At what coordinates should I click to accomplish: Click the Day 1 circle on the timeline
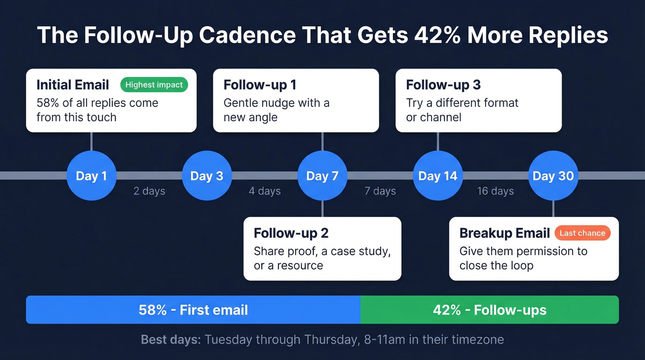[x=91, y=176]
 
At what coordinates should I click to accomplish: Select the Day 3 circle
[x=206, y=176]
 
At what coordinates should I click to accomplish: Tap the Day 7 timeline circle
[x=322, y=176]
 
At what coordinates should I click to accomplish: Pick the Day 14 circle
[x=438, y=176]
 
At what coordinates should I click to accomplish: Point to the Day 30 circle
[x=553, y=176]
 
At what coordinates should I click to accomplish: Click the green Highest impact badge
[x=154, y=85]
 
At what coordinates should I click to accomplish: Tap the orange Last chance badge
[x=582, y=233]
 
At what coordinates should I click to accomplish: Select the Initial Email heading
[x=73, y=85]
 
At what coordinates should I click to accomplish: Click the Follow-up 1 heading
[x=260, y=85]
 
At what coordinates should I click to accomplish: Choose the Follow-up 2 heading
[x=291, y=233]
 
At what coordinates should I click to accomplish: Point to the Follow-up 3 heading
[x=443, y=85]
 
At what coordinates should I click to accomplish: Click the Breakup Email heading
[x=504, y=233]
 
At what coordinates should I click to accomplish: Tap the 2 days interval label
[x=149, y=191]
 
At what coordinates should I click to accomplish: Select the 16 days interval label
[x=495, y=191]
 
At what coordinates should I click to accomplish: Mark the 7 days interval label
[x=380, y=191]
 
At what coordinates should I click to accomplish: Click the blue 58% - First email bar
[x=193, y=310]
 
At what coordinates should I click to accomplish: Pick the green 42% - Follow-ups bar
[x=489, y=310]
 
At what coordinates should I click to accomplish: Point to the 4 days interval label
[x=264, y=191]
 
